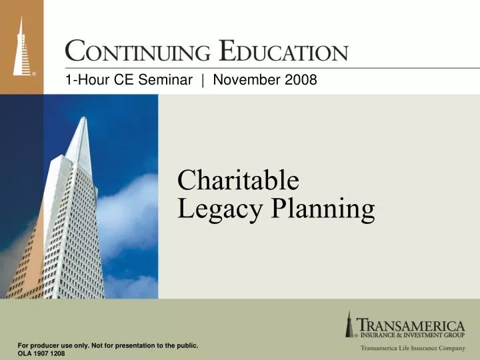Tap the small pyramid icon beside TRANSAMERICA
pos(349,325)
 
